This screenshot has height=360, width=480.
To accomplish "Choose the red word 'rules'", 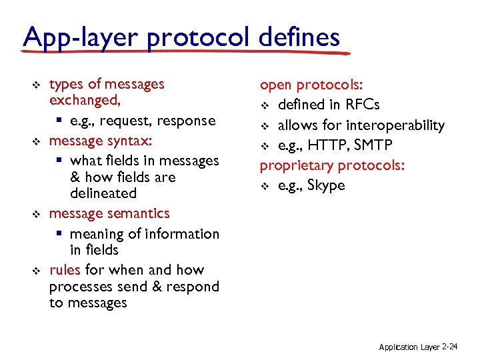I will [65, 270].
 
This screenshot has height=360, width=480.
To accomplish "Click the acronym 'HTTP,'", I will [328, 145].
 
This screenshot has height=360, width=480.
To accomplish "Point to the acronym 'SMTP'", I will [374, 145].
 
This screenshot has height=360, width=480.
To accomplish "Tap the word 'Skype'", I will [327, 185].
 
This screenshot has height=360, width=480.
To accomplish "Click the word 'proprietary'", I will [295, 165].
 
